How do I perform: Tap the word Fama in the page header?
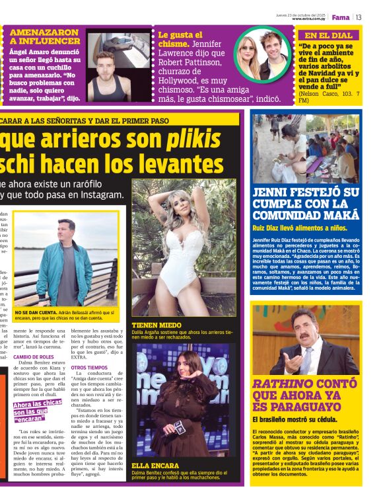point(340,17)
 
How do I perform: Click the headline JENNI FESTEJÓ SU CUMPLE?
point(306,204)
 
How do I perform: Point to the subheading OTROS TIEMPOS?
point(89,367)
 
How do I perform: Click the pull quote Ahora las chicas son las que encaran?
point(37,410)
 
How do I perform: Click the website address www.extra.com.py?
point(309,19)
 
